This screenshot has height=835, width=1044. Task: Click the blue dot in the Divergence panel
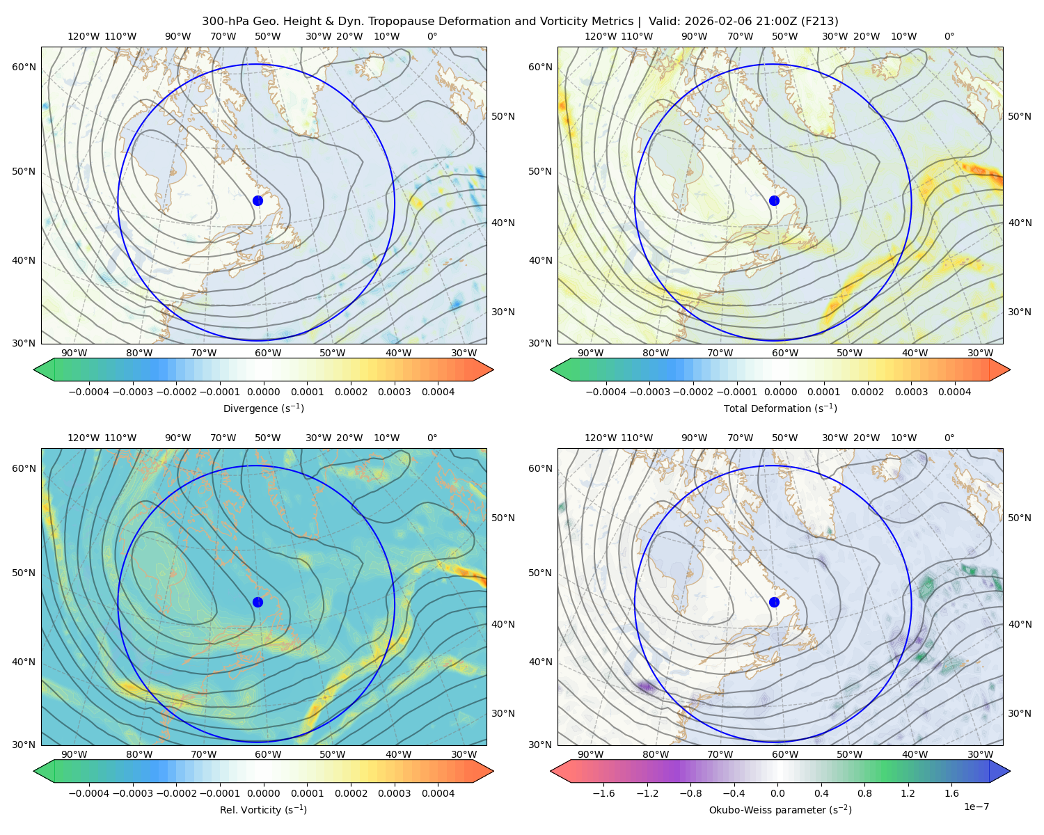pos(258,200)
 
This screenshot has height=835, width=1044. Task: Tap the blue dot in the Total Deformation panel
pos(774,200)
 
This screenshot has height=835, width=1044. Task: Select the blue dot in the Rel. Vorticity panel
pos(258,602)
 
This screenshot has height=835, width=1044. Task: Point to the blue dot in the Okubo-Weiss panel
pos(774,602)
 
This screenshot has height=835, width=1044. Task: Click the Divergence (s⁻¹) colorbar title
pos(263,408)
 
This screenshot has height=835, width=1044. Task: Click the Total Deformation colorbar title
pos(780,408)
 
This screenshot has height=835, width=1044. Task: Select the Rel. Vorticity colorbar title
pos(263,809)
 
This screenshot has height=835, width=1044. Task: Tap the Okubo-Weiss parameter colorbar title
pos(780,809)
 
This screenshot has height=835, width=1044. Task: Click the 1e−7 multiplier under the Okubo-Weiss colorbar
pos(976,806)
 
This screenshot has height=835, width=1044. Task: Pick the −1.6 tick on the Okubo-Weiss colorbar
pos(603,793)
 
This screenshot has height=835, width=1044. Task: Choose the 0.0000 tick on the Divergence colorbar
pos(263,392)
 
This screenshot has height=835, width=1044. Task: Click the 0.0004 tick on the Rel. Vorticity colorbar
pos(438,793)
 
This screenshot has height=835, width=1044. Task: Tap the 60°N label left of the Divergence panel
pos(24,67)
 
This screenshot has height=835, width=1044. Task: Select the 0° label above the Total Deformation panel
pos(949,36)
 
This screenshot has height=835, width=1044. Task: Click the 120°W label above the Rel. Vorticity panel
pos(84,437)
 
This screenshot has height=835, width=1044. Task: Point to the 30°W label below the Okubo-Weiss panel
pos(980,754)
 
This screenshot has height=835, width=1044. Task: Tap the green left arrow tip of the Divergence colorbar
pos(34,369)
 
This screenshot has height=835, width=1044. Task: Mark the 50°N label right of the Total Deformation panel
pos(1019,116)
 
